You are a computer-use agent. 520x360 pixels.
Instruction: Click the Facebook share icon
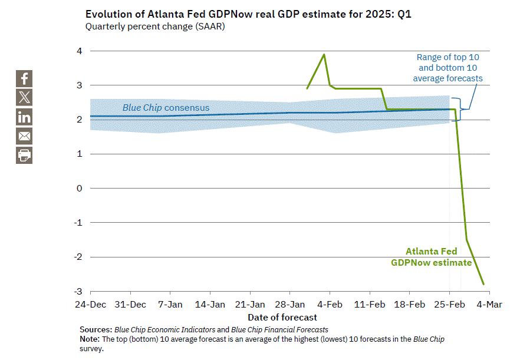(x=24, y=78)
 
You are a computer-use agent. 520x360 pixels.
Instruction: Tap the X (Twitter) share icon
(x=24, y=97)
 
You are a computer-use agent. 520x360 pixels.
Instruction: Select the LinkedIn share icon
(x=24, y=117)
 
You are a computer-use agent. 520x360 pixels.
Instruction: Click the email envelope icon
(x=24, y=136)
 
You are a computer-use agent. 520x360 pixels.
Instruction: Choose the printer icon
(x=24, y=155)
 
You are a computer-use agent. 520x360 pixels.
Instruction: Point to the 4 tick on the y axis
(x=78, y=51)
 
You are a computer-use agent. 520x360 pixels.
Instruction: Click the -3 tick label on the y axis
(x=77, y=292)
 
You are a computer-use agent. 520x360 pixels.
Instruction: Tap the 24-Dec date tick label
(x=90, y=305)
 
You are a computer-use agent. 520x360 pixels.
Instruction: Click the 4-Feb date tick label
(x=330, y=305)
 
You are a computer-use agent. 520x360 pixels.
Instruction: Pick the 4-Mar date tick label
(x=489, y=305)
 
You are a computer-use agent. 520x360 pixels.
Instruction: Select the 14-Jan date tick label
(x=210, y=305)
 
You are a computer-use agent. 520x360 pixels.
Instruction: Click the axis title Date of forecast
(x=289, y=317)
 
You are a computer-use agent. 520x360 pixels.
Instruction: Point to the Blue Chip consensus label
(x=166, y=108)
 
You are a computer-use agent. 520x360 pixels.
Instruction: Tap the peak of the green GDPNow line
(x=324, y=54)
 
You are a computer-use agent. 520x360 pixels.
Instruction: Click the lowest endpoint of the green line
(x=484, y=285)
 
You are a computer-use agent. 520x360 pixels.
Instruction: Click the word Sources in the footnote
(x=96, y=329)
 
